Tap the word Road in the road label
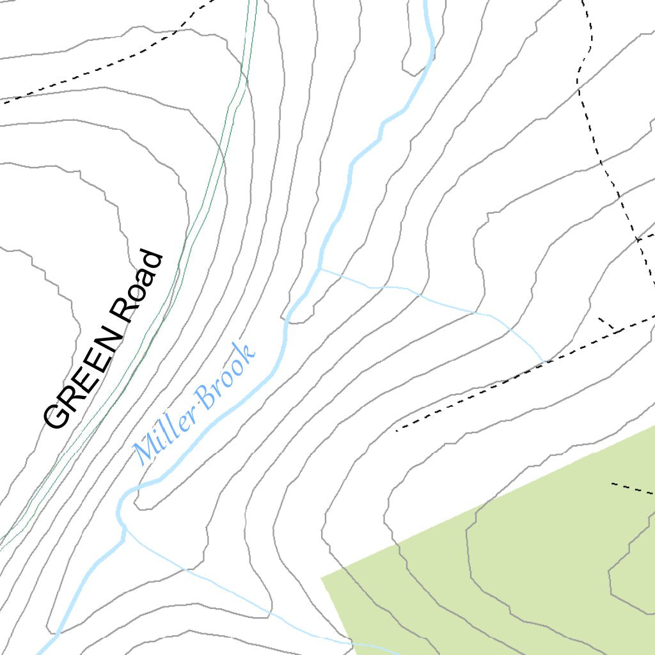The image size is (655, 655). point(136,286)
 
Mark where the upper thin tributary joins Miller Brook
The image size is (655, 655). point(320,269)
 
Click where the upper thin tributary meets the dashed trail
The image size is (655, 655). point(544,362)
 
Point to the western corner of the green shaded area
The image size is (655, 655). point(322,576)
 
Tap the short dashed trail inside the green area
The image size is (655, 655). point(632,489)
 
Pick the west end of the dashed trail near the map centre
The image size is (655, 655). point(397,430)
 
